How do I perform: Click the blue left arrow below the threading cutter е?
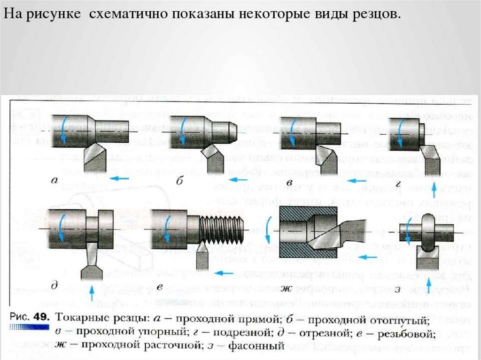click(225, 273)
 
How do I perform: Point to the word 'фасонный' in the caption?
click(256, 347)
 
